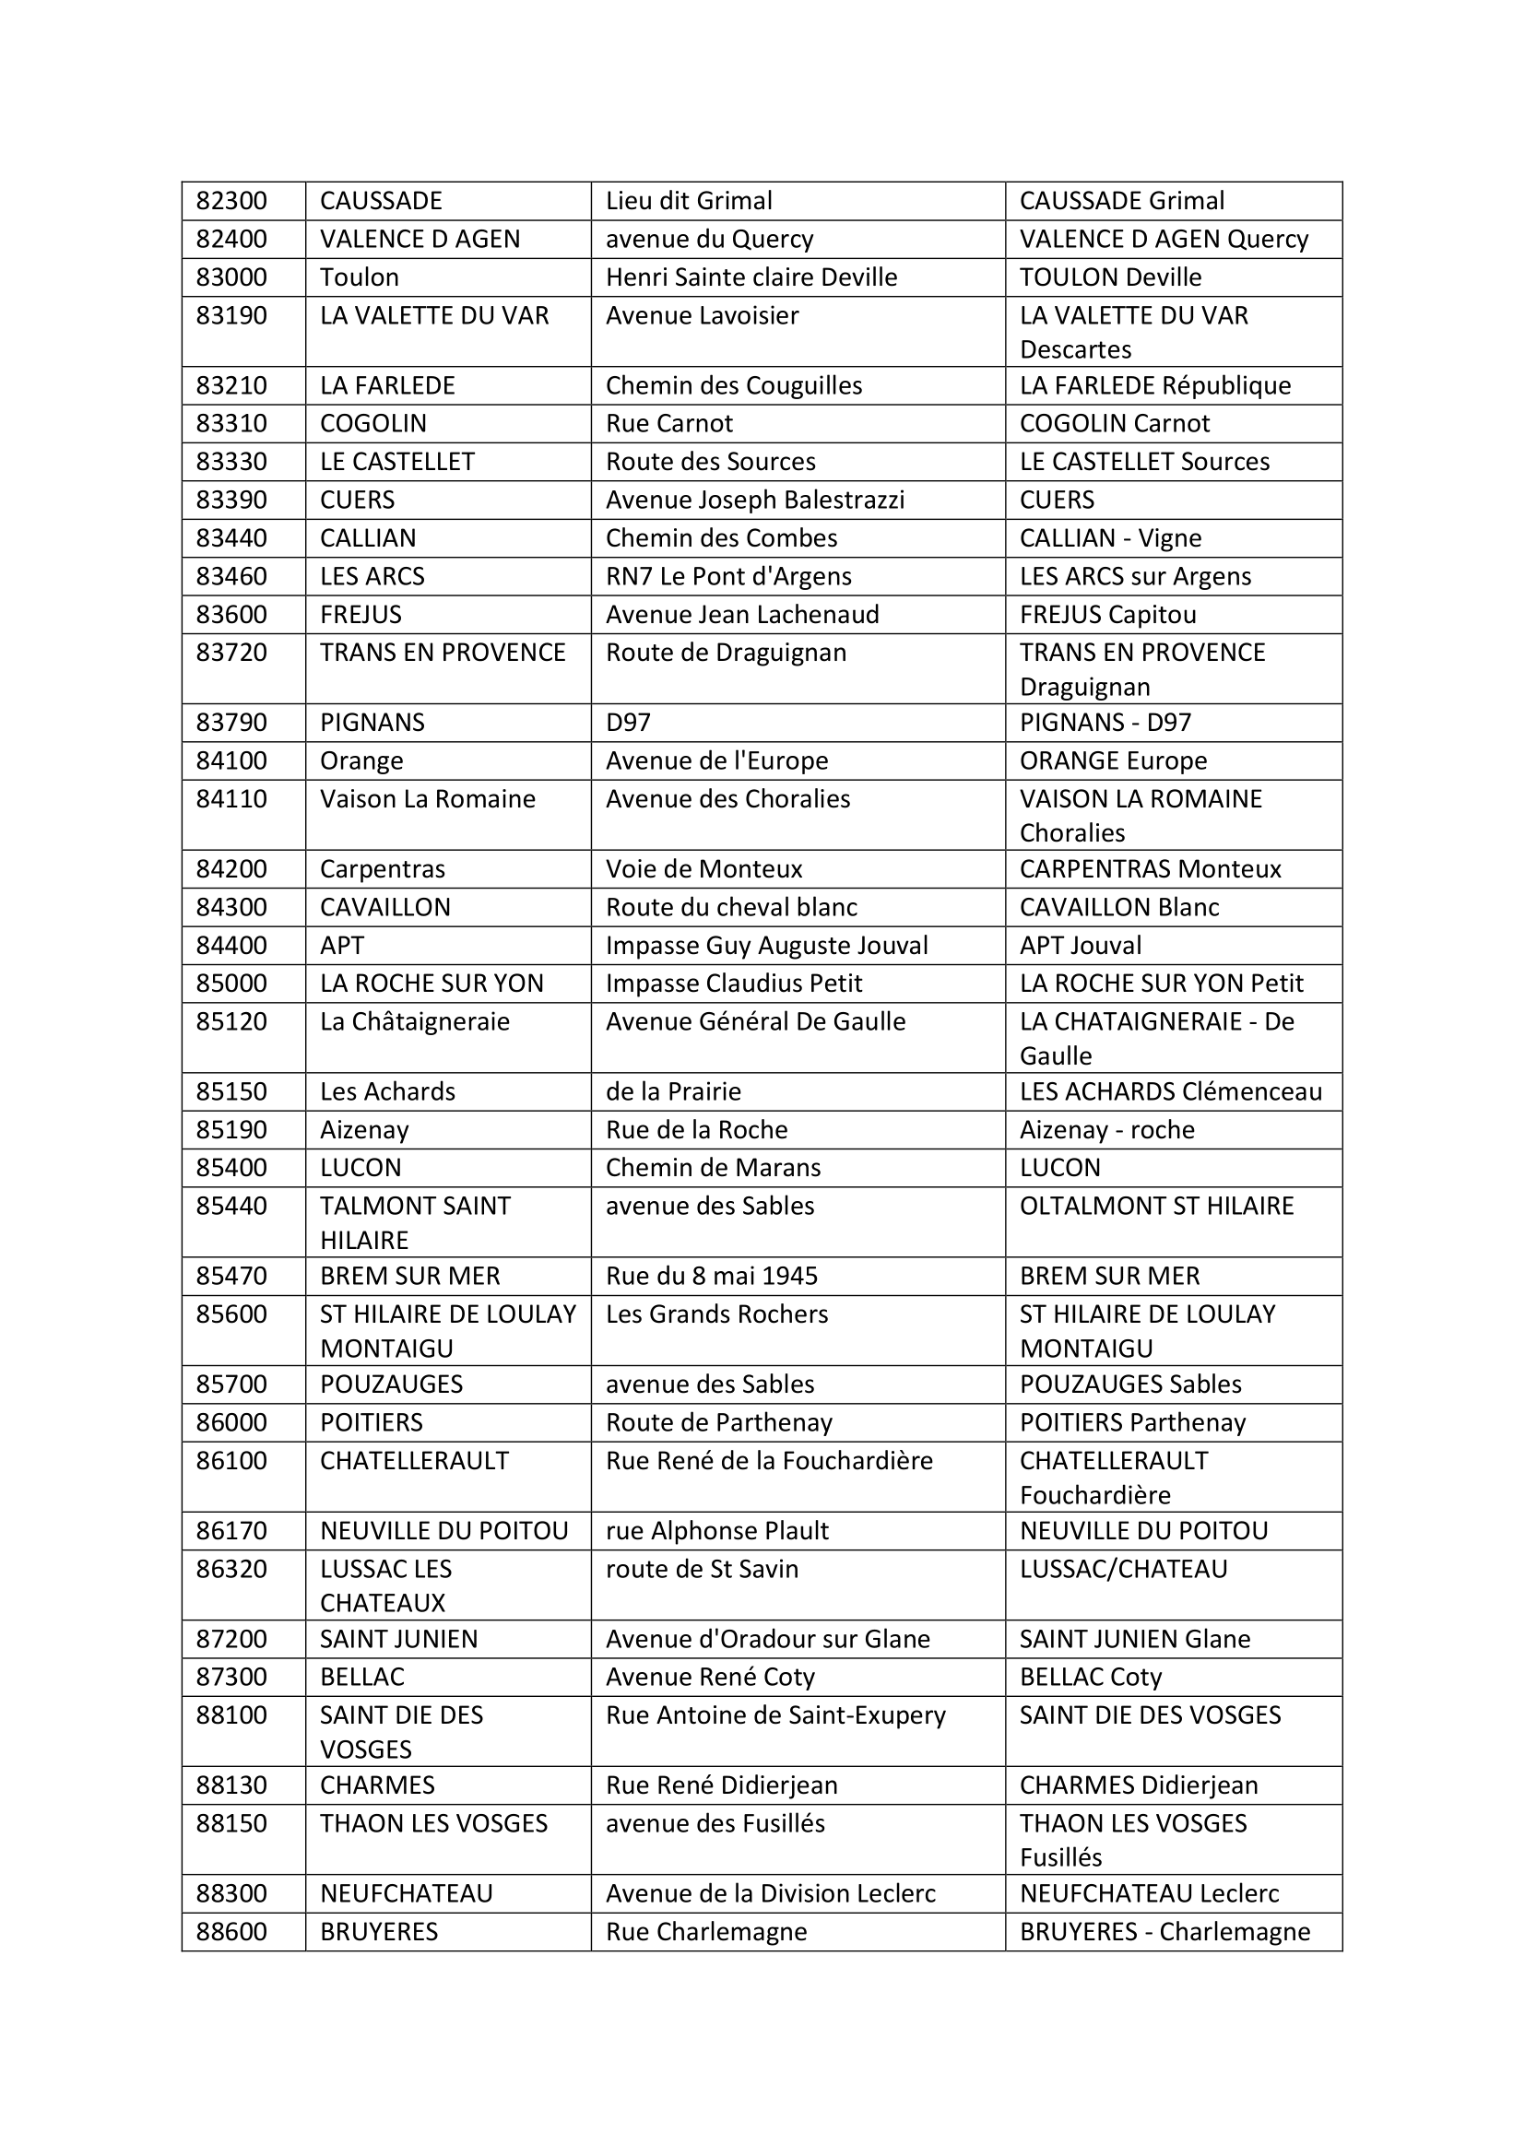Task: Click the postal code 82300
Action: (x=231, y=201)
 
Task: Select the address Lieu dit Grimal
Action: (x=689, y=201)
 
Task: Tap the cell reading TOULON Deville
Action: (x=1110, y=277)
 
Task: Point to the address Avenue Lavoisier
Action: (x=702, y=315)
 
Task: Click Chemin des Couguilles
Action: (x=733, y=386)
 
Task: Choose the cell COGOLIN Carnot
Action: (x=1114, y=423)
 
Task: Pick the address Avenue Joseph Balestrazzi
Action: (x=754, y=500)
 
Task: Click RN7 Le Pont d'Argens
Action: (x=727, y=576)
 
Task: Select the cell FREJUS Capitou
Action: (x=1107, y=615)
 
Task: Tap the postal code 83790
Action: (x=231, y=723)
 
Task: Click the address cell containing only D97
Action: (x=628, y=723)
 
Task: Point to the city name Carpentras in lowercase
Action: (x=383, y=869)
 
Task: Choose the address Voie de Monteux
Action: (x=703, y=869)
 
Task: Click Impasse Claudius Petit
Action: (x=733, y=984)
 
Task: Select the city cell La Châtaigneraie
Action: (x=414, y=1021)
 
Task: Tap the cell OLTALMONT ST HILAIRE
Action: (x=1156, y=1206)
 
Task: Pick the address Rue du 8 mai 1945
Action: (x=711, y=1276)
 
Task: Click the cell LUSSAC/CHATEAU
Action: (x=1123, y=1569)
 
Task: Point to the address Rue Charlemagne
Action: (x=705, y=1932)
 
